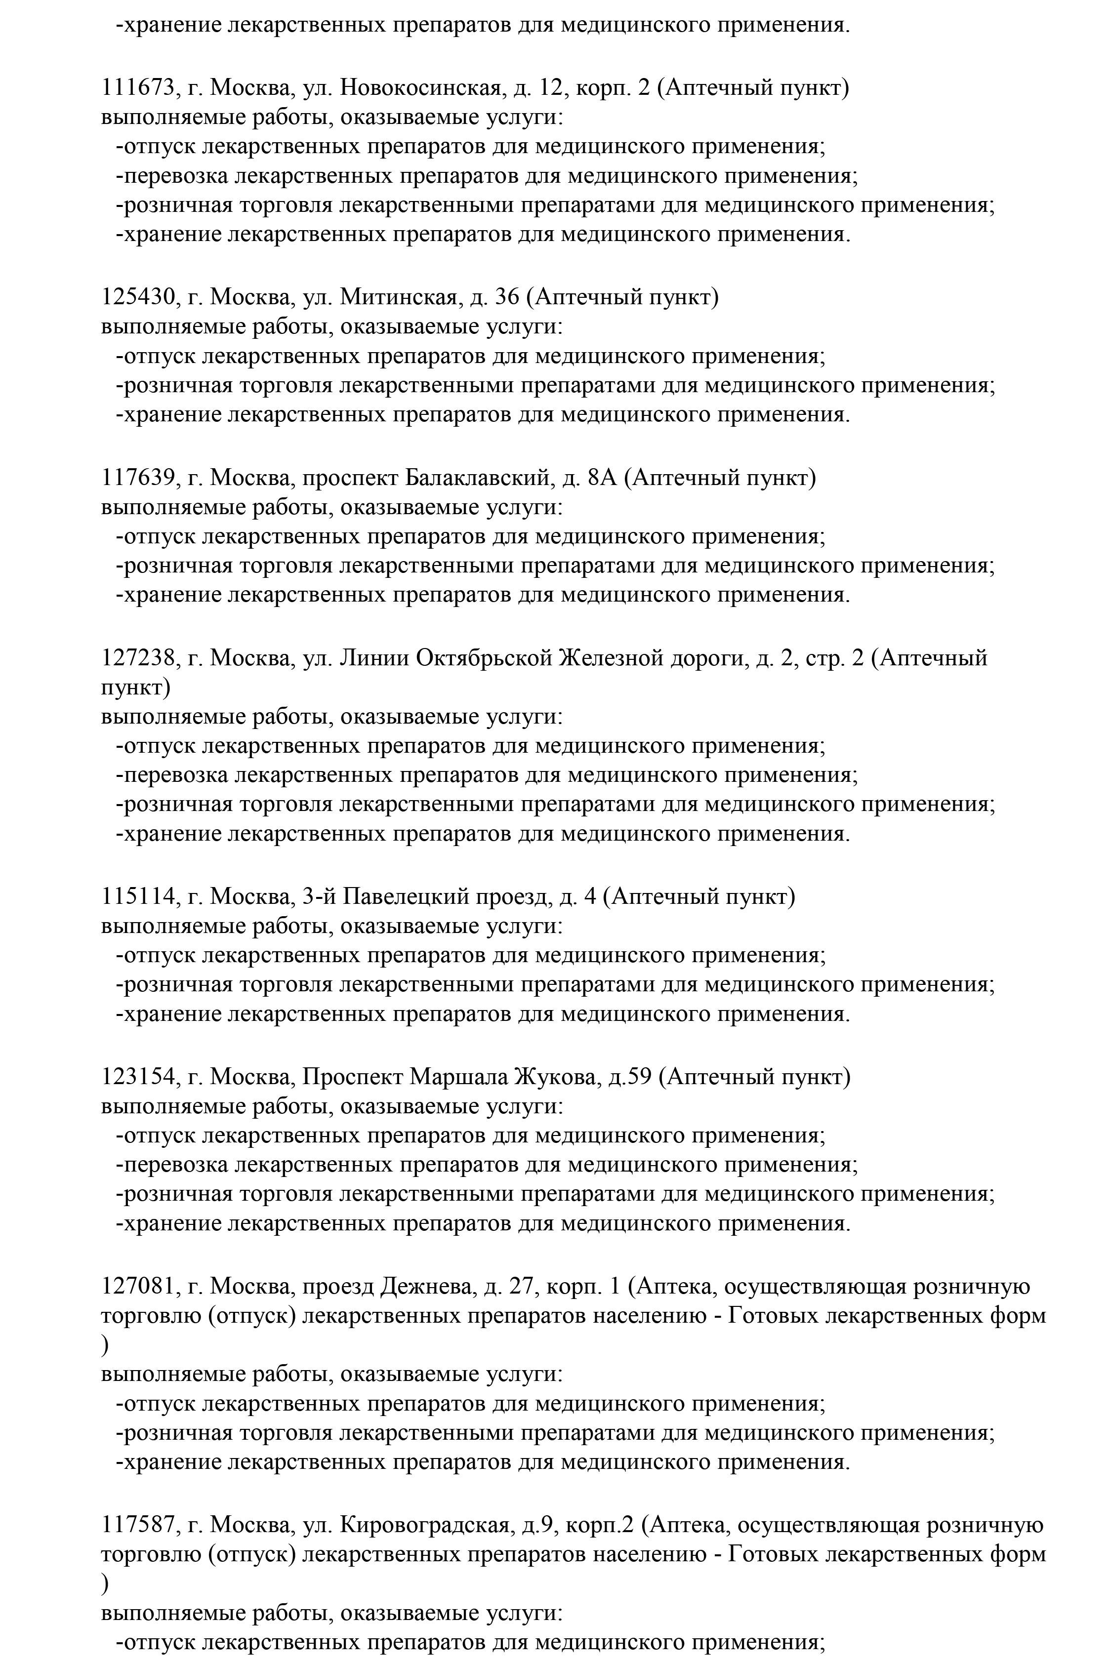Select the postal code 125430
coord(137,298)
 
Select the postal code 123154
coord(137,1078)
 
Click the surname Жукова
coord(558,1078)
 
